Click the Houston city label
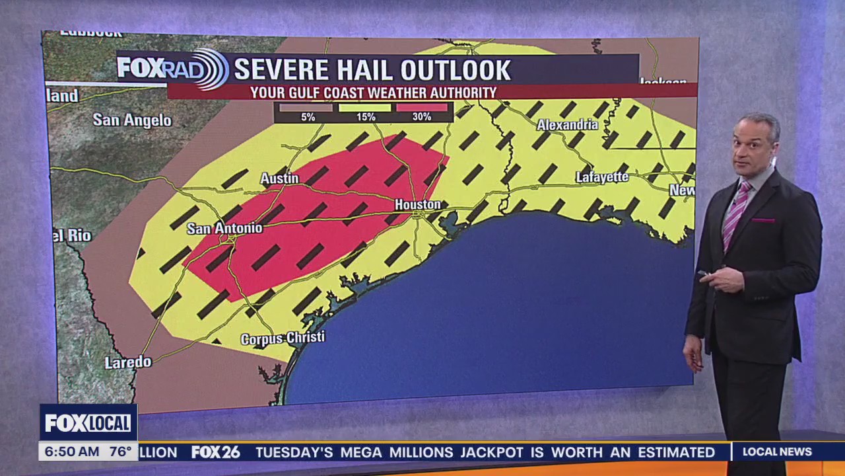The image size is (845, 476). [418, 204]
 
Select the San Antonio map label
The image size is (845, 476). [224, 228]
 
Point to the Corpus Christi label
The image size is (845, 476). [283, 338]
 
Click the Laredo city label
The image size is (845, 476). [128, 362]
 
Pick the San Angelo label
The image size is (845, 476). [132, 120]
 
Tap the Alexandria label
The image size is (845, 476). [567, 125]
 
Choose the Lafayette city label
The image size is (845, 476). [602, 177]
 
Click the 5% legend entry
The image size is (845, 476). [308, 116]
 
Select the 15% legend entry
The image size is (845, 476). [366, 116]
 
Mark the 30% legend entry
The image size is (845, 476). [422, 116]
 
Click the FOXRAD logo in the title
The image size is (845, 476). [172, 69]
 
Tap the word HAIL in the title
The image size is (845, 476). [365, 70]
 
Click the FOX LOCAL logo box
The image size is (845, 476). [88, 422]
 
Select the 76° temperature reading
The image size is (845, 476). [120, 452]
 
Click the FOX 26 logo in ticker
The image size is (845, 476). [216, 452]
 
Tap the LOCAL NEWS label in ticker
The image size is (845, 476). [777, 452]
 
